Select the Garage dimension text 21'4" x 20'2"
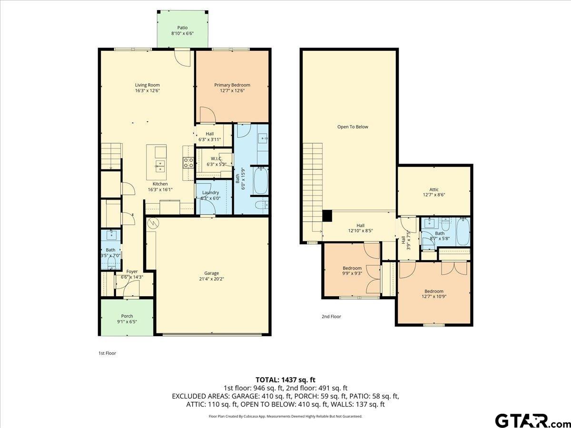click(212, 280)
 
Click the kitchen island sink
click(160, 166)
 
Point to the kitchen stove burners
click(188, 163)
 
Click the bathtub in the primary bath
click(260, 181)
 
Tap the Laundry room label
click(210, 193)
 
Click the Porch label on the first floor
click(127, 316)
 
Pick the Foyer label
click(132, 272)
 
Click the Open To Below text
click(353, 127)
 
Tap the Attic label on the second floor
click(433, 190)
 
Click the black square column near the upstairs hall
click(327, 215)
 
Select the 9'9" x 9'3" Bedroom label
click(352, 268)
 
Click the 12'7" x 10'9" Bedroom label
click(433, 292)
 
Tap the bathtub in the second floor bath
click(463, 232)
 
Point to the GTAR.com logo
click(528, 420)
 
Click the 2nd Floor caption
click(331, 316)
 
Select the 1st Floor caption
click(107, 353)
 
